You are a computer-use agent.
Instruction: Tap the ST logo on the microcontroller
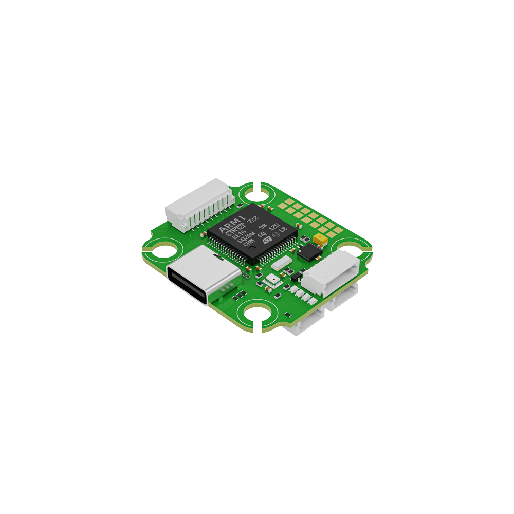(x=267, y=240)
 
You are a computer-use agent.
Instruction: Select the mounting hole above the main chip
(x=254, y=194)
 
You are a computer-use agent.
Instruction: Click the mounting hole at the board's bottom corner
(x=255, y=315)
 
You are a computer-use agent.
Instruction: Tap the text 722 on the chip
(x=252, y=219)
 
